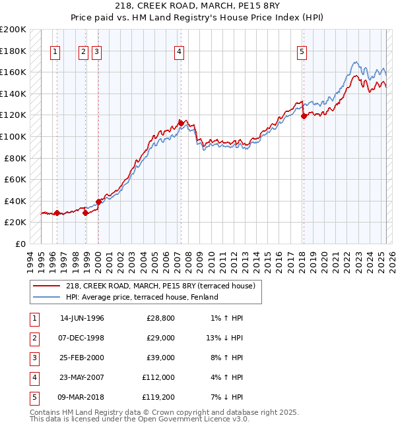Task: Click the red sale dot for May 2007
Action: click(181, 123)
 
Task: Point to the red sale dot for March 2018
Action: click(304, 116)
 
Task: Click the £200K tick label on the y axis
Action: click(13, 30)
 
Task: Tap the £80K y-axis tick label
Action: click(15, 158)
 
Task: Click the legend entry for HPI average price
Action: click(141, 297)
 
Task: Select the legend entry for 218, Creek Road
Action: click(164, 285)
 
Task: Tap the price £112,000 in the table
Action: click(158, 379)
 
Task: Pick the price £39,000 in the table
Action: click(160, 358)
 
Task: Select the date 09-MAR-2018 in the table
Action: click(82, 398)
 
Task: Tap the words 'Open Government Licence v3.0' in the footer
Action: click(186, 419)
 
